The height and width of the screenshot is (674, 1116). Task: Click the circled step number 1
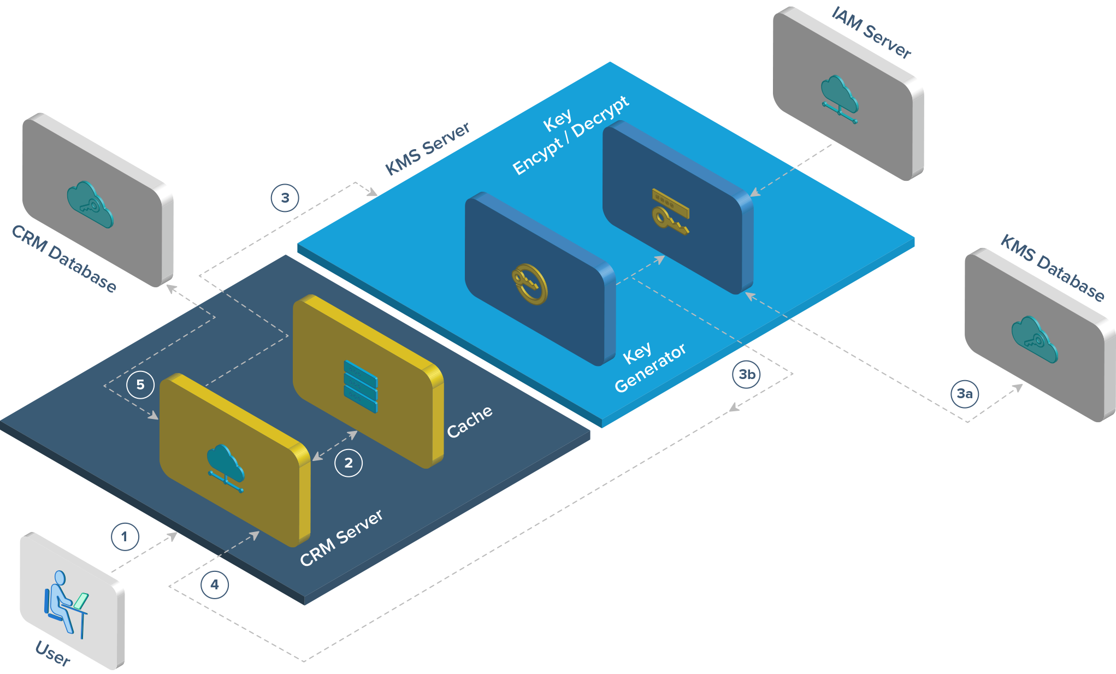point(125,536)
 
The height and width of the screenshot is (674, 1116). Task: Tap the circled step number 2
point(349,463)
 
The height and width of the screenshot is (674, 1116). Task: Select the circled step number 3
point(285,198)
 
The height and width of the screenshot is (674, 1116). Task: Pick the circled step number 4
point(215,584)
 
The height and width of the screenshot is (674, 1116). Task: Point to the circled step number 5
point(140,385)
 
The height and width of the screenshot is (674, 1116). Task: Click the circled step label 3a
point(965,393)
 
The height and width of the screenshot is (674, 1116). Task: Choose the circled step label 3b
point(747,374)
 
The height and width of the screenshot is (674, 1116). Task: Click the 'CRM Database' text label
point(64,259)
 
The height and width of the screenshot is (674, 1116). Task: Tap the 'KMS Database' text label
point(1052,268)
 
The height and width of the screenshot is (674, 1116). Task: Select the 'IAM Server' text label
point(872,33)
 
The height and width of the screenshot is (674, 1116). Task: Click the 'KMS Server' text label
point(427,149)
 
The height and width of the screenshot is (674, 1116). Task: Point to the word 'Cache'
point(469,422)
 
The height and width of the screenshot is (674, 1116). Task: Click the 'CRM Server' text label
point(341,538)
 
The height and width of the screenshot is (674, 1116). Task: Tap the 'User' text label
point(53,653)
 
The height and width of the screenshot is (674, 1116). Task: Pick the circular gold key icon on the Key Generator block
point(529,283)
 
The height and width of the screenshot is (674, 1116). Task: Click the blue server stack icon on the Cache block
point(361,386)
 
